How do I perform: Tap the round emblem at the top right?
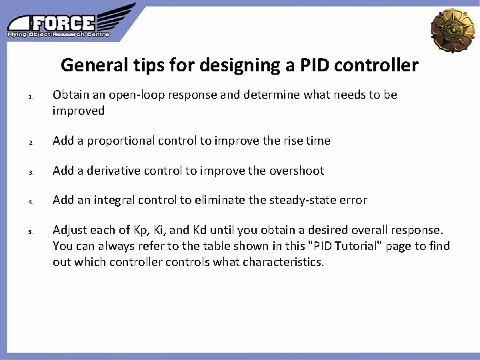[x=453, y=29]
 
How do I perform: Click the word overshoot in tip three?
[x=297, y=171]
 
